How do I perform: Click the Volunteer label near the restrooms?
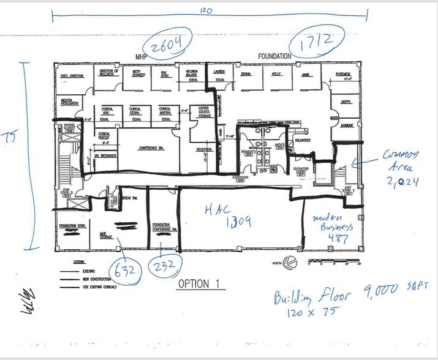(303, 140)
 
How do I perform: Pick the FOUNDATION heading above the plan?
(274, 56)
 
